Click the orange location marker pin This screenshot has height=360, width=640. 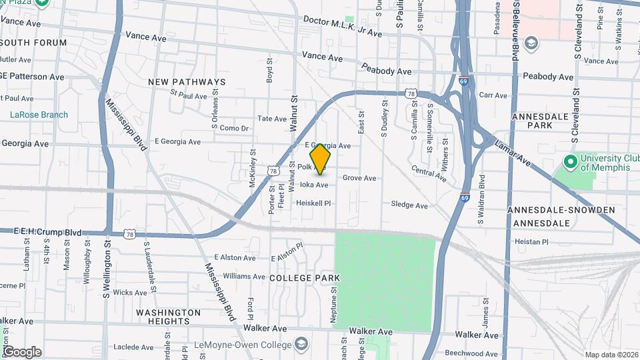321,159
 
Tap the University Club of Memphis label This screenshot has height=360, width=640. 605,162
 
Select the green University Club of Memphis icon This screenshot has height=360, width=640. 570,161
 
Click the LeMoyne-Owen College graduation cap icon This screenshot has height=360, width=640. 302,344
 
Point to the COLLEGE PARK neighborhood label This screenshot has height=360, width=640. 305,277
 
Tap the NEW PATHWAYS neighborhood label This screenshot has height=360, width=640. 187,82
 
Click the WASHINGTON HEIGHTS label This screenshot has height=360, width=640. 168,316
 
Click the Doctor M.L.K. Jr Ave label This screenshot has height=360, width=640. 342,27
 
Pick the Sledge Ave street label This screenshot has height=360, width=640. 409,205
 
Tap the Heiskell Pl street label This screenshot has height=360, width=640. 313,202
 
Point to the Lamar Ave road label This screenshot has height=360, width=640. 513,153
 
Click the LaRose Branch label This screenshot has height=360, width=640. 39,115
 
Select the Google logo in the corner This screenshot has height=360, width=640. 21,351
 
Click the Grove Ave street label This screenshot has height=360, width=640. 359,178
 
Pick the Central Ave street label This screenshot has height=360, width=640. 429,173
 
